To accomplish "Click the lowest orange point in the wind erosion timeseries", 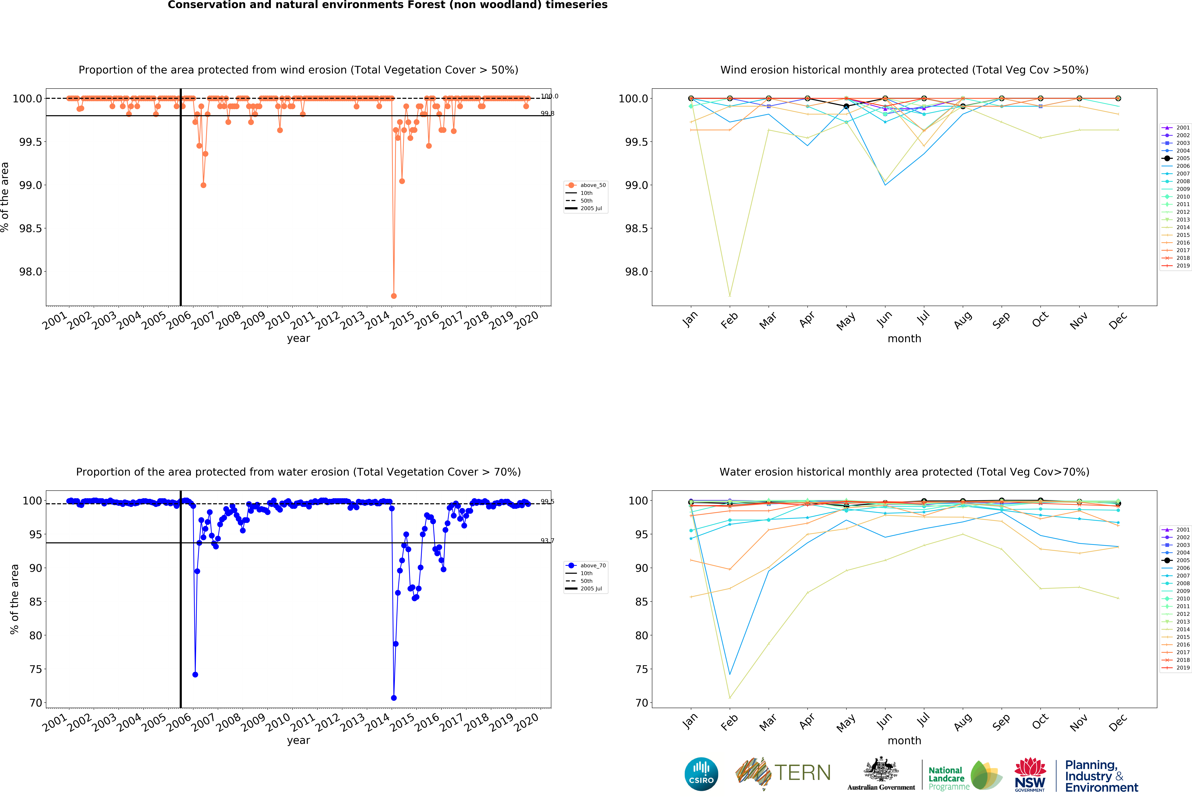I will pos(393,296).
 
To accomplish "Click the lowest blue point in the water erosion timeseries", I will pos(393,698).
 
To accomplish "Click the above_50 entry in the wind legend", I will pos(592,185).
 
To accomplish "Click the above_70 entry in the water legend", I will pos(592,566).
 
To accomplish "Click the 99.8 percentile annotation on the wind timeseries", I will pos(547,113).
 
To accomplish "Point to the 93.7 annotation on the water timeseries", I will pos(547,540).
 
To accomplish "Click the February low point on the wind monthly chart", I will pos(729,296).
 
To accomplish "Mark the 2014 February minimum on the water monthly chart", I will pos(729,697).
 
